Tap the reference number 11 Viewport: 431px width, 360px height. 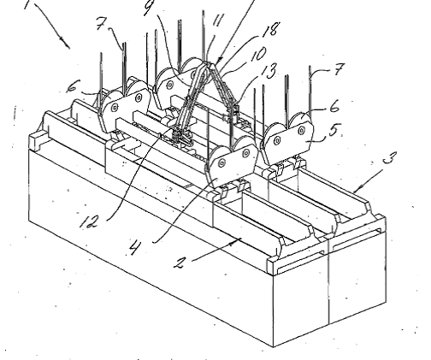coord(218,21)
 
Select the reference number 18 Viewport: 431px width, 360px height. coord(270,29)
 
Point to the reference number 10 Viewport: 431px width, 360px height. coord(257,55)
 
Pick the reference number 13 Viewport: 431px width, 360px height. coord(269,72)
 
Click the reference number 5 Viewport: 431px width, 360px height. coord(334,131)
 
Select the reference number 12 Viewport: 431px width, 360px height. coord(89,221)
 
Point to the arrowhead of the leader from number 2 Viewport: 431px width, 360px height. coord(239,242)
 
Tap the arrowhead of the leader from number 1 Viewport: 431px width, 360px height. coord(67,45)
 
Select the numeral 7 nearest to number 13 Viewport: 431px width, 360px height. coord(338,69)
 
